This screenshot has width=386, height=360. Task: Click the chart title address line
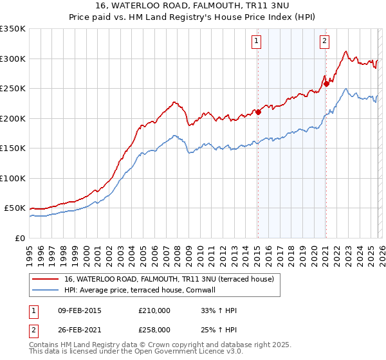[x=193, y=6]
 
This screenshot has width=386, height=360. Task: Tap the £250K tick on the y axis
[x=13, y=89]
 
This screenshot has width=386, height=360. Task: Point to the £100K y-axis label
[x=13, y=178]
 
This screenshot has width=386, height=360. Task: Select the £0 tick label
[x=19, y=238]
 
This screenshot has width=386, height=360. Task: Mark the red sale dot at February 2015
[x=258, y=112]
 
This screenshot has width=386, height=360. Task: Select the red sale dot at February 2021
[x=326, y=83]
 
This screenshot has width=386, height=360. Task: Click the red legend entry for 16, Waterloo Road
[x=169, y=279]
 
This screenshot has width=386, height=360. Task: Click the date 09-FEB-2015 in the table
[x=79, y=310]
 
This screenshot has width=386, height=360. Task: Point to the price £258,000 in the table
[x=154, y=329]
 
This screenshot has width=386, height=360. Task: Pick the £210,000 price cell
[x=154, y=310]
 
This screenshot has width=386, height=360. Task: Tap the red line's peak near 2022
[x=346, y=51]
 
